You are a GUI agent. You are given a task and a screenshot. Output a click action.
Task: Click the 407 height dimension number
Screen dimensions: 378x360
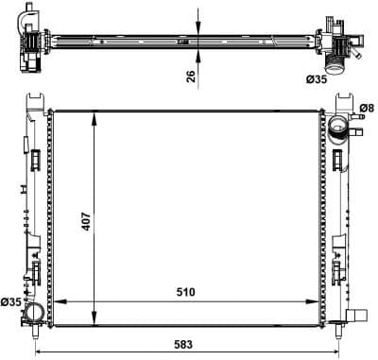pyautogui.click(x=86, y=222)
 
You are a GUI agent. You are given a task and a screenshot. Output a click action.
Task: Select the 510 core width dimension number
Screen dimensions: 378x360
pyautogui.click(x=185, y=292)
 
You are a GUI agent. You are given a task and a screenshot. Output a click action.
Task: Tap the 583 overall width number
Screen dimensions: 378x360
pyautogui.click(x=183, y=345)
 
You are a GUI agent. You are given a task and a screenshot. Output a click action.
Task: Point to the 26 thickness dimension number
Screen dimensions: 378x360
pyautogui.click(x=191, y=77)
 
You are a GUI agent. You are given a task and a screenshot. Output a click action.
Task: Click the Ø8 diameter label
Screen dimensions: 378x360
pyautogui.click(x=368, y=109)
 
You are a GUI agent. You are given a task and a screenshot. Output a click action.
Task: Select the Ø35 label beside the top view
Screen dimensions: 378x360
pyautogui.click(x=317, y=79)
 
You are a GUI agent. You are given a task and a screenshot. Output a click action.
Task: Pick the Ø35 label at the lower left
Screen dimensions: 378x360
pyautogui.click(x=11, y=302)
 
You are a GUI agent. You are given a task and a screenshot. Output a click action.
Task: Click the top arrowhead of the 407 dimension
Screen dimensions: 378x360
pyautogui.click(x=94, y=117)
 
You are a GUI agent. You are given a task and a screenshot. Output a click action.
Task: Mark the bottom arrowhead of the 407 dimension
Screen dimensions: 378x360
pyautogui.click(x=94, y=319)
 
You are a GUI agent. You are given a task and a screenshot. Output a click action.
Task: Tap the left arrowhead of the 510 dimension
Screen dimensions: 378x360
pyautogui.click(x=60, y=301)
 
